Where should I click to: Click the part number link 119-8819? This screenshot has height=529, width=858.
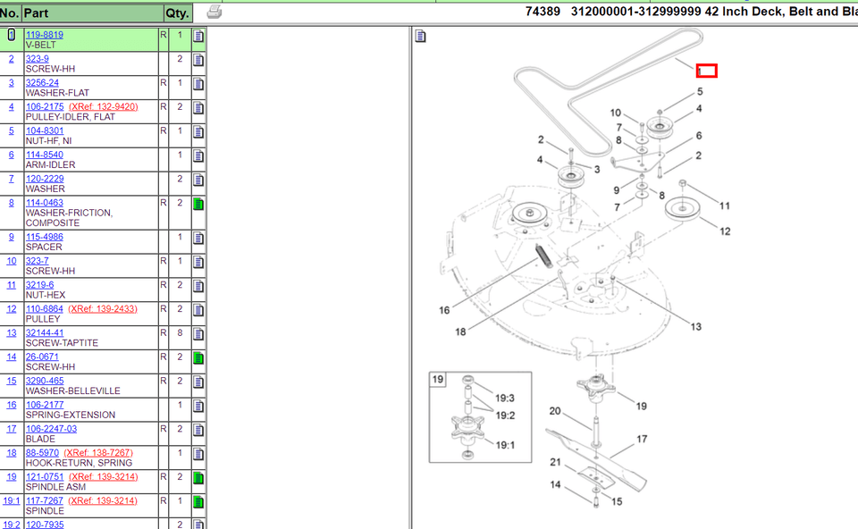tap(45, 35)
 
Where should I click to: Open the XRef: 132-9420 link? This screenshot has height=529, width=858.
tap(104, 106)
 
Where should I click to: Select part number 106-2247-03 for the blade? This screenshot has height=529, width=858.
tap(52, 429)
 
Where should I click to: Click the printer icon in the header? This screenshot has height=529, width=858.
tap(214, 12)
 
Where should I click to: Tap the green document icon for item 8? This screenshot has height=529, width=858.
tap(198, 204)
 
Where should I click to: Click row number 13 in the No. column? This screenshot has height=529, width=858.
tap(11, 332)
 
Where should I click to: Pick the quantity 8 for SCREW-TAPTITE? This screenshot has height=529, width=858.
tap(180, 332)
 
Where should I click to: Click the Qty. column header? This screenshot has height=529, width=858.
tap(177, 13)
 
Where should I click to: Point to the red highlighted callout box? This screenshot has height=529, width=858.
tap(706, 71)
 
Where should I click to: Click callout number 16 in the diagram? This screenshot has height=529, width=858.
tap(444, 310)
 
